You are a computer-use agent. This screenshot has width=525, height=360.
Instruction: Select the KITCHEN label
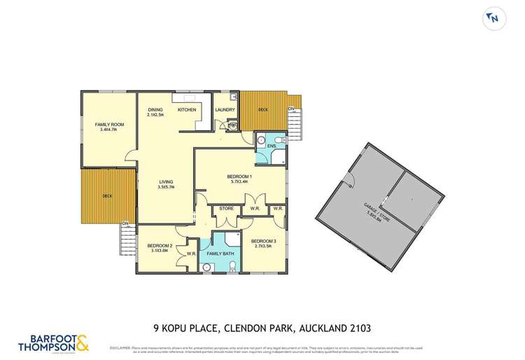[186, 110]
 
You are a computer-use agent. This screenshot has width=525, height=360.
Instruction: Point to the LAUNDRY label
[225, 110]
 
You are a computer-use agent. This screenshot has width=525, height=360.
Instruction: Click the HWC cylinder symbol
[232, 125]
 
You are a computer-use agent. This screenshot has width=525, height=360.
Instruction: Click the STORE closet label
[226, 208]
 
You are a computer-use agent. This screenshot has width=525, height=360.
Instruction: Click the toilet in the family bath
[232, 265]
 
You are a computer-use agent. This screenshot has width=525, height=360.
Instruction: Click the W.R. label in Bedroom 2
[190, 253]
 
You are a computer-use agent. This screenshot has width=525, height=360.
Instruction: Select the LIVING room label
[165, 185]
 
